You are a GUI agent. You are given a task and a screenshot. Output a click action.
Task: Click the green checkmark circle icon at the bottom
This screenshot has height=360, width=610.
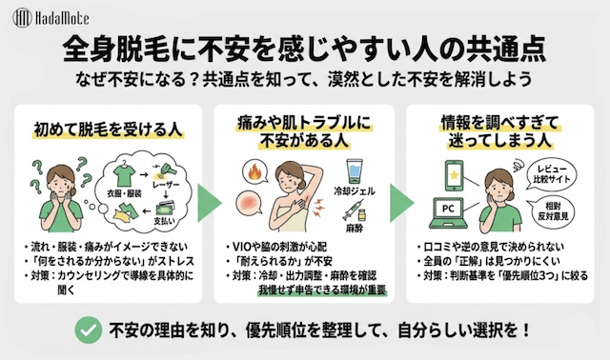(88, 330)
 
